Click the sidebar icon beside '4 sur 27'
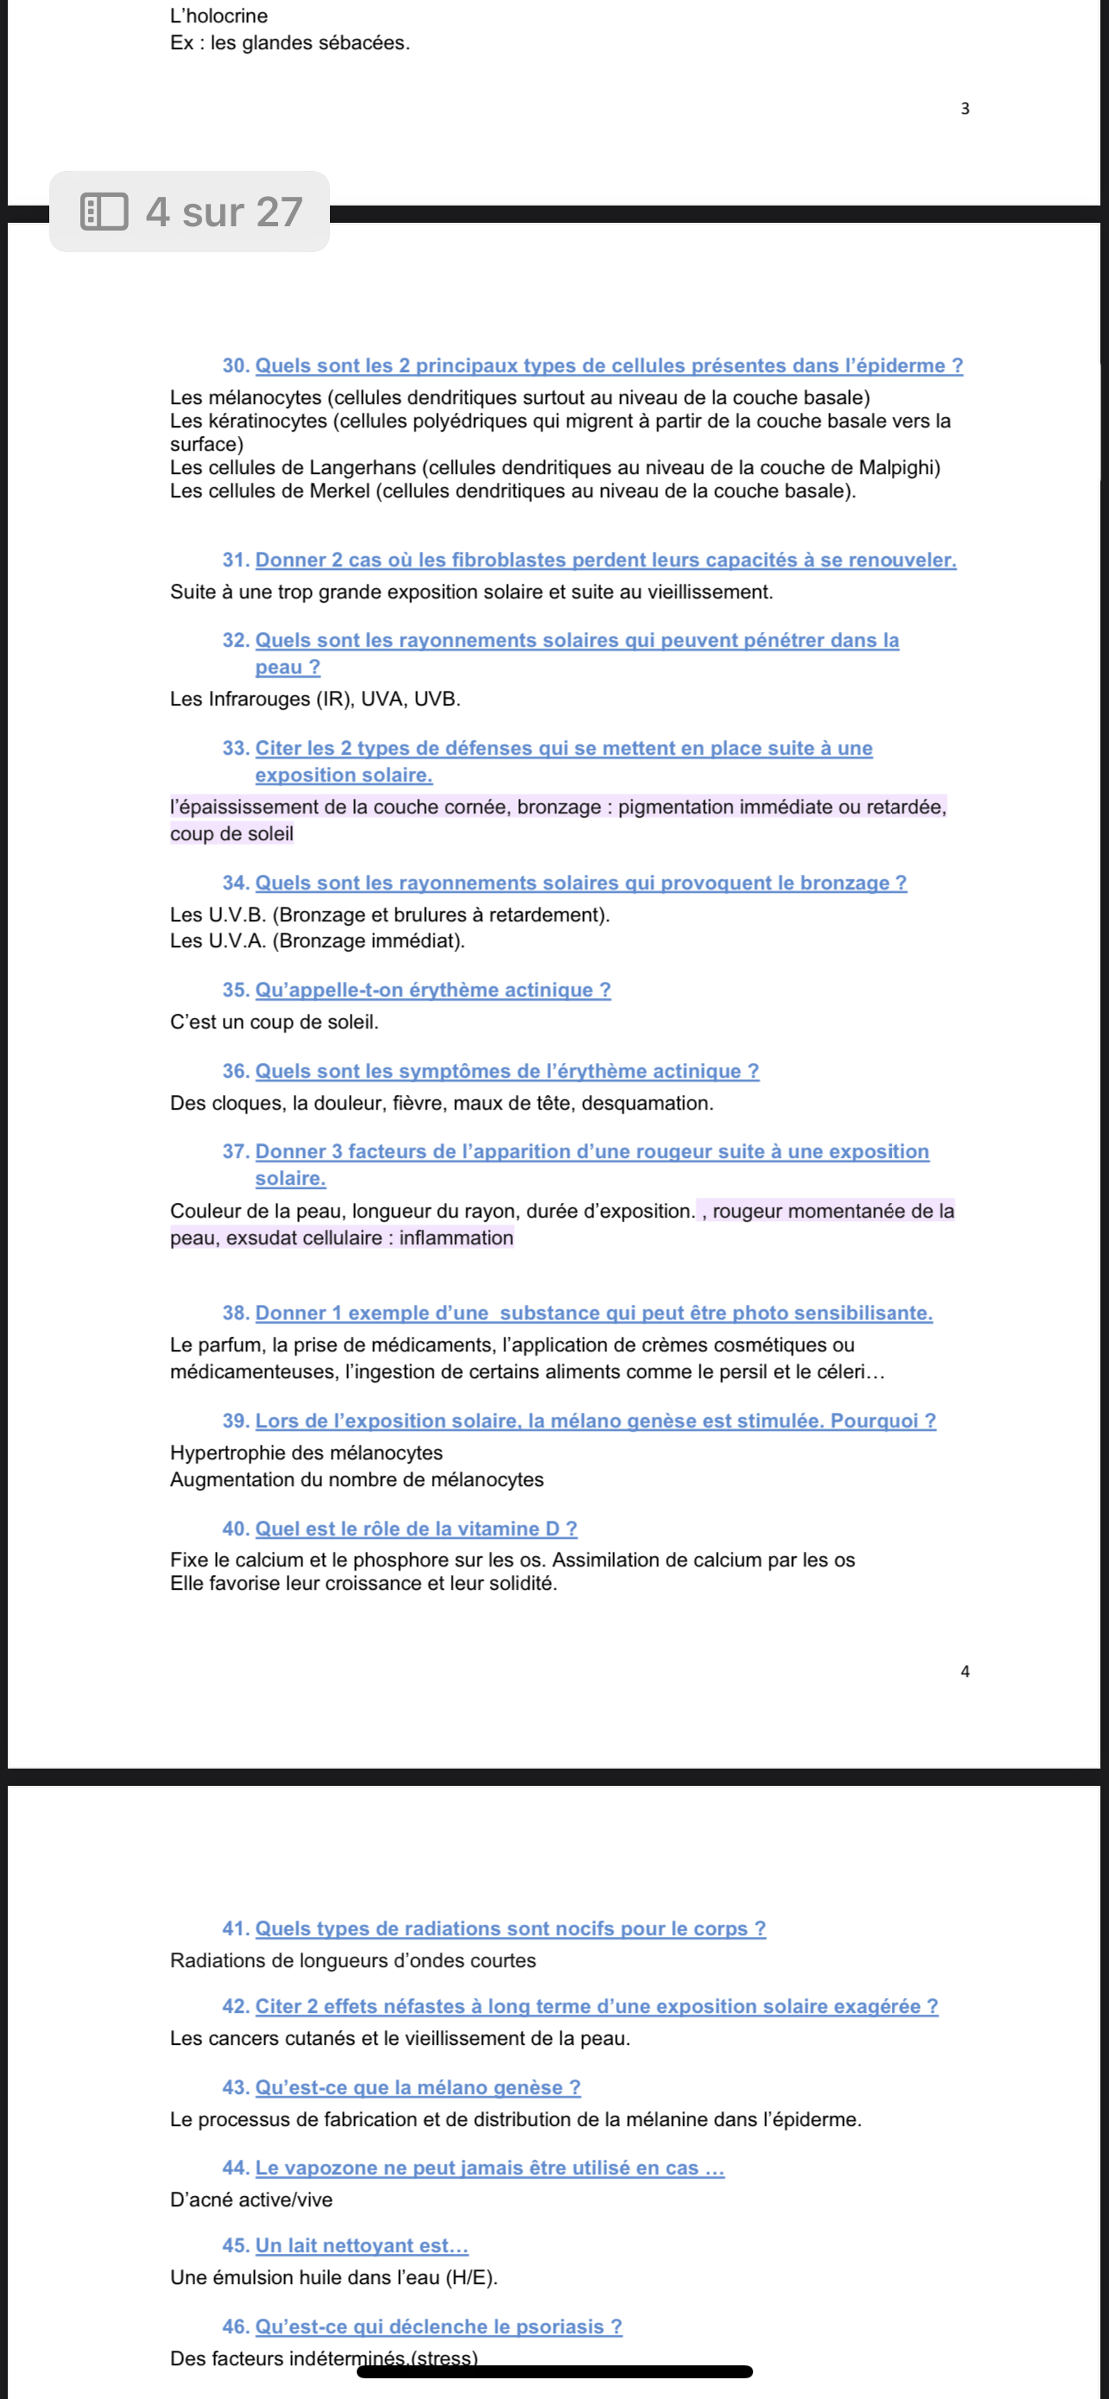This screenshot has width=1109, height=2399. (x=105, y=212)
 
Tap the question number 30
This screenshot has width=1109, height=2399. (x=236, y=366)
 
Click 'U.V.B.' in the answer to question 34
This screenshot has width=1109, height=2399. (x=237, y=915)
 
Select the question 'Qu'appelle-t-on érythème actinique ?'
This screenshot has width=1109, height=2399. (x=433, y=990)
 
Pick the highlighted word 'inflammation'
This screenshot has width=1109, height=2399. (x=456, y=1237)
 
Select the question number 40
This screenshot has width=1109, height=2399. (x=236, y=1529)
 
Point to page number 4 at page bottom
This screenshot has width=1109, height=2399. (x=965, y=1671)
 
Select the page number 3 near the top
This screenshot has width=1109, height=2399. (x=965, y=109)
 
